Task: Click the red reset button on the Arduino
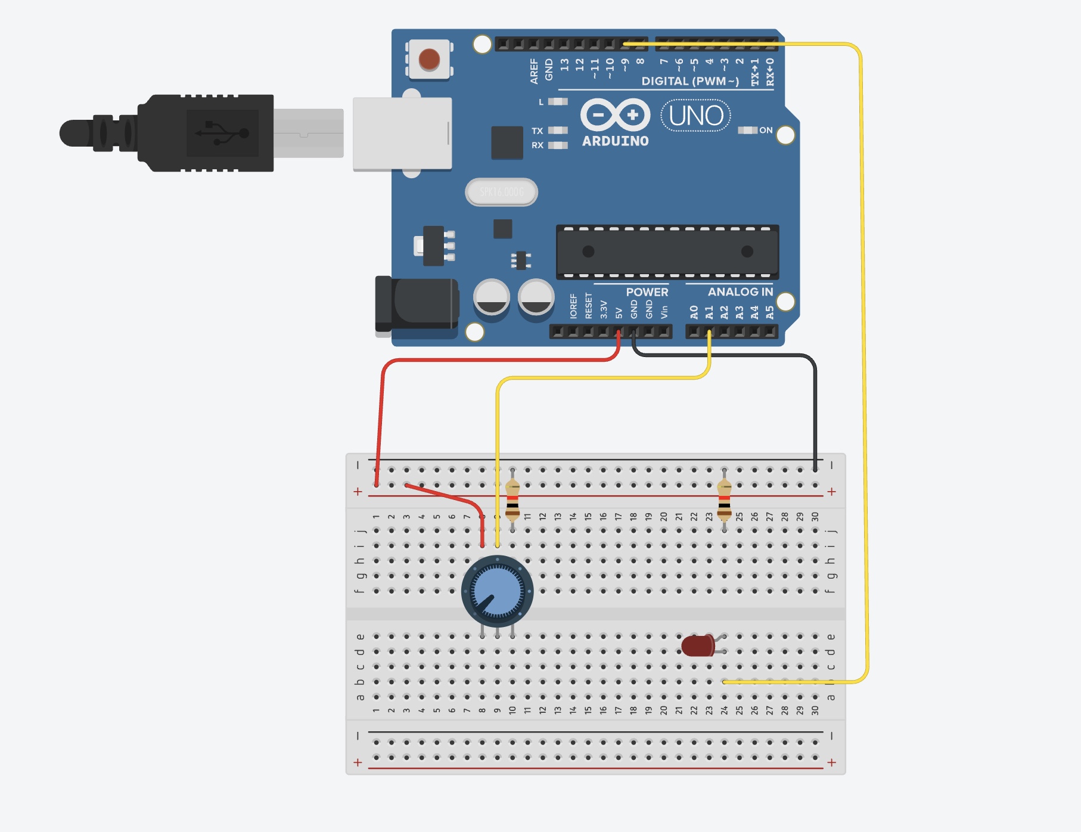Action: [429, 60]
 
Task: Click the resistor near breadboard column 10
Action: [512, 499]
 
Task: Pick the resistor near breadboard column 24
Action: [724, 499]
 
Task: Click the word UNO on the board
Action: [696, 116]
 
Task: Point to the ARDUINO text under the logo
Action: [615, 141]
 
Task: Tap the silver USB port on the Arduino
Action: [402, 134]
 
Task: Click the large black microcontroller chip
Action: [667, 252]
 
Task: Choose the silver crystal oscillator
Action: [501, 192]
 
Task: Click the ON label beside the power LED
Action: [766, 130]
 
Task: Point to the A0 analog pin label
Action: [694, 312]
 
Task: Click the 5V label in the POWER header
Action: [619, 313]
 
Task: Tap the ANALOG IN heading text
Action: [740, 292]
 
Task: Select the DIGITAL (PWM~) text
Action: [690, 81]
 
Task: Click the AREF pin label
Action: [534, 71]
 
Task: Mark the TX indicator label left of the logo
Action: [538, 131]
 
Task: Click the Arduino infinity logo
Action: [615, 115]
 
